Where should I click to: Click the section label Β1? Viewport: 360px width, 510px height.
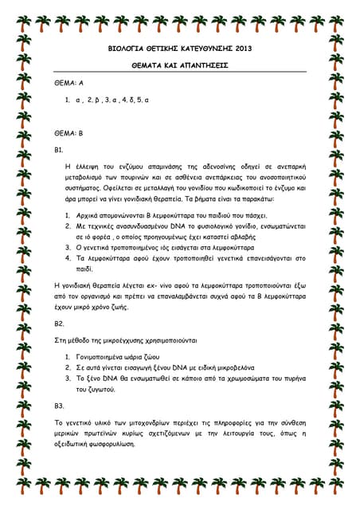59,150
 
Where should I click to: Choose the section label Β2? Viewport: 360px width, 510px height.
59,324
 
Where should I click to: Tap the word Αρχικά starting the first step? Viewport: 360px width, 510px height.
91,216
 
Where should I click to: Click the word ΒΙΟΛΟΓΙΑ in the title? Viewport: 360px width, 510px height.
128,49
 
